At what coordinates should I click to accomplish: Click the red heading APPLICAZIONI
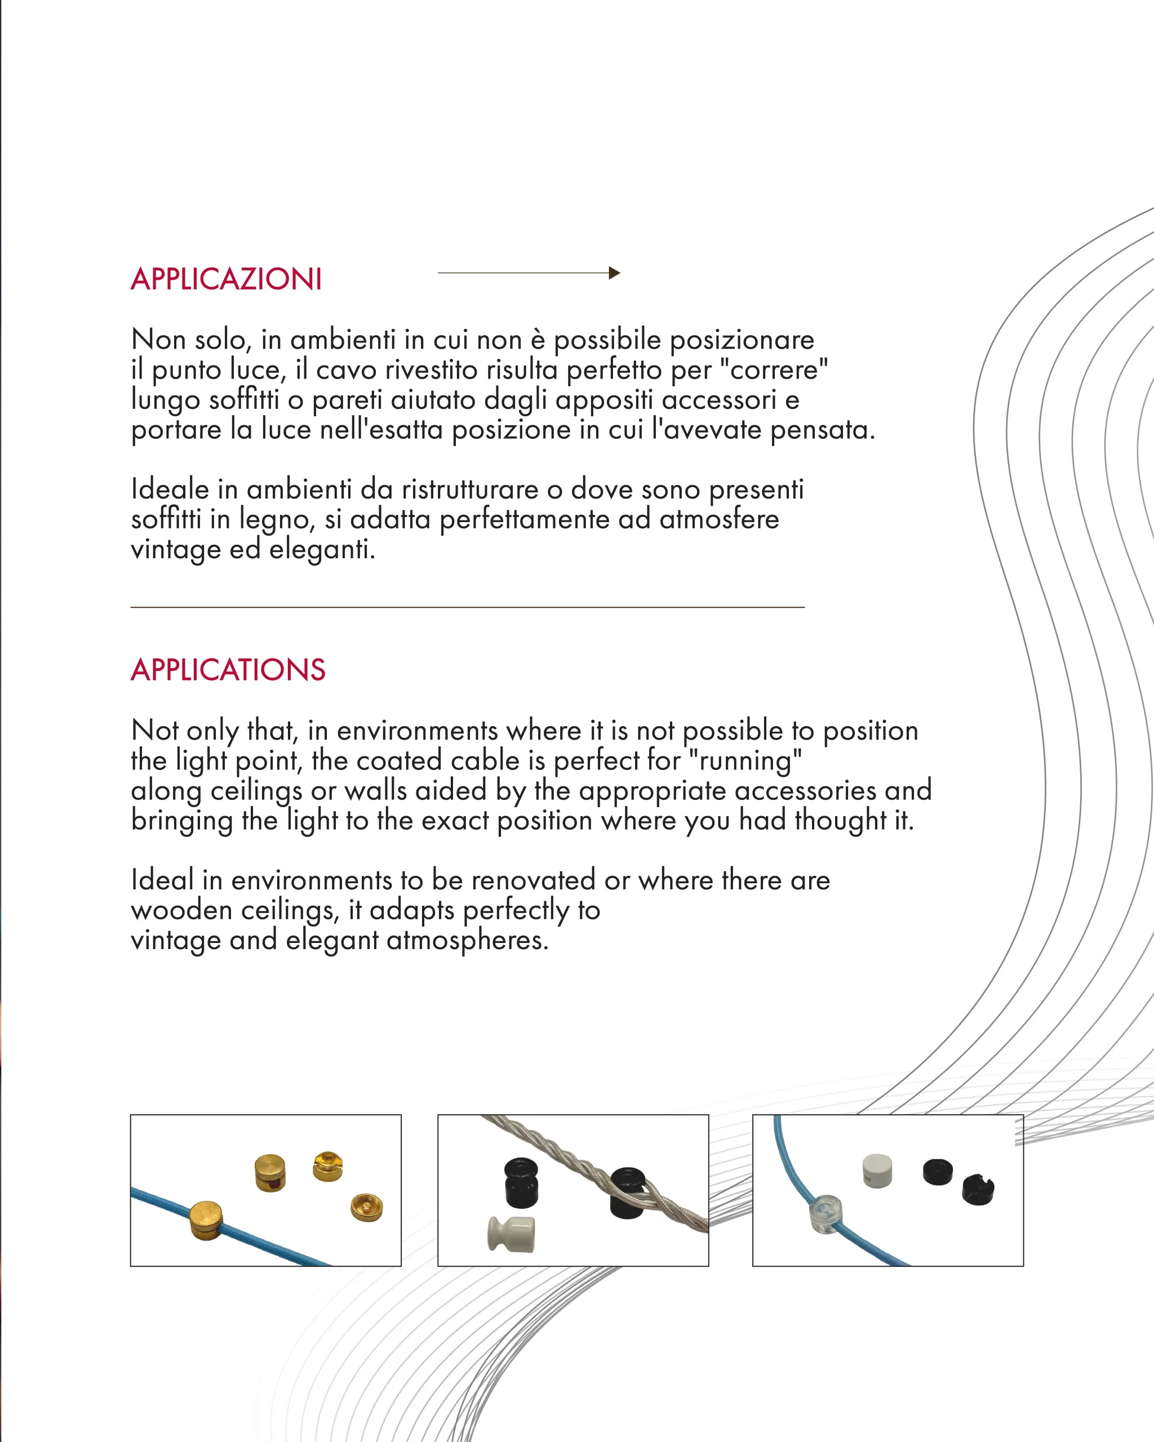[x=226, y=279]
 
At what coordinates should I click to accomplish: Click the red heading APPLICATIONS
[x=228, y=670]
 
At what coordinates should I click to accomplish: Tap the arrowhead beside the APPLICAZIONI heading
[x=614, y=273]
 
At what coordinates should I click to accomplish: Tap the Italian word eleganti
[x=322, y=550]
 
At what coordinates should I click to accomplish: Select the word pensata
[x=822, y=429]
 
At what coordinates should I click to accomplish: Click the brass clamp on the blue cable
[x=206, y=1220]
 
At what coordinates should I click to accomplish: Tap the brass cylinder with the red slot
[x=270, y=1174]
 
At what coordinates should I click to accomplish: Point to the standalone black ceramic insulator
[x=521, y=1181]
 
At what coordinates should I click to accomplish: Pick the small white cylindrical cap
[x=877, y=1170]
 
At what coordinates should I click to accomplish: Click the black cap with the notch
[x=978, y=1189]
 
